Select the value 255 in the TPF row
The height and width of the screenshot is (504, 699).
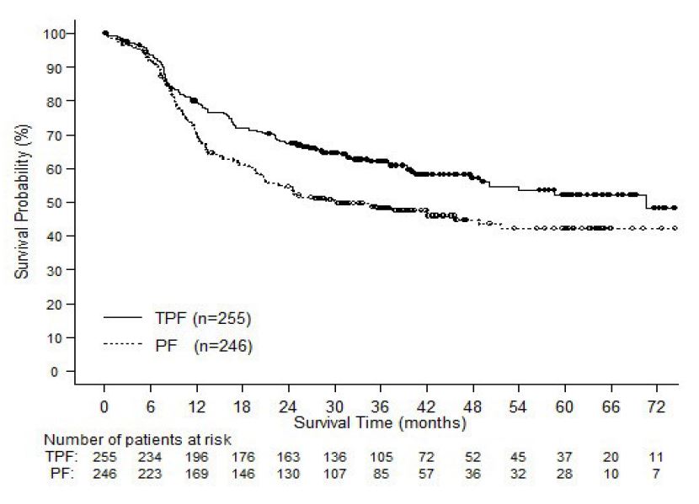click(x=104, y=456)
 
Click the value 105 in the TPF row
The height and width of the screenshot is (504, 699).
click(x=380, y=456)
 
